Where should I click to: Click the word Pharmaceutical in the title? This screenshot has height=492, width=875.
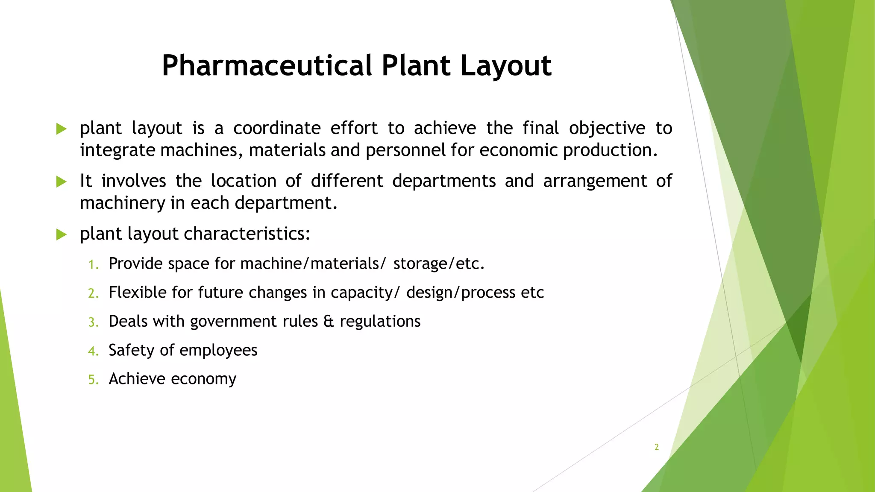[267, 66]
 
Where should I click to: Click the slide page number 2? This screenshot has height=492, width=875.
[656, 447]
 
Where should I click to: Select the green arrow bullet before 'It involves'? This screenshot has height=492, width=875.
[62, 182]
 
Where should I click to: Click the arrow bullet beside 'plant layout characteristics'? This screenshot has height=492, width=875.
[62, 234]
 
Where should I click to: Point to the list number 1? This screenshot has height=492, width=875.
[93, 265]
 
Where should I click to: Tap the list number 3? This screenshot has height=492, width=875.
[93, 322]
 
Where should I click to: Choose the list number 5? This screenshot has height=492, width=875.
[93, 380]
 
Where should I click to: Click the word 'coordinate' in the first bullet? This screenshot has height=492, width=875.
[277, 128]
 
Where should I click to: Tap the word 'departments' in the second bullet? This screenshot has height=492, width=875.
[444, 182]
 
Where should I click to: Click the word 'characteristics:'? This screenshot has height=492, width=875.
[247, 234]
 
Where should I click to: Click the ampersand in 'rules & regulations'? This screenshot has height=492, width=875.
[329, 322]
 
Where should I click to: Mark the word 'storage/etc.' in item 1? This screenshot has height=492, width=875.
[439, 264]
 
